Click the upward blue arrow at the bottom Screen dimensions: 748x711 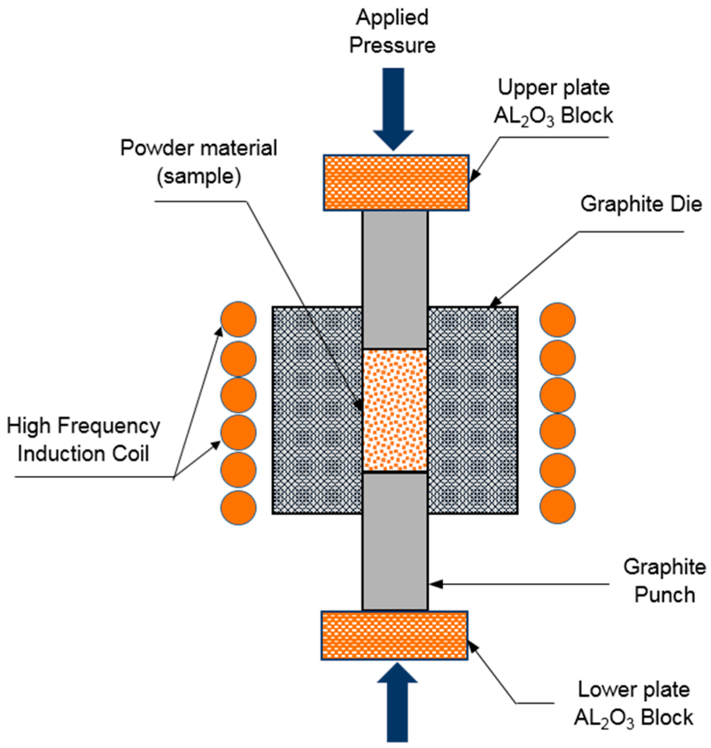pos(397,704)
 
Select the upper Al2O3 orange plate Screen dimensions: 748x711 pos(396,182)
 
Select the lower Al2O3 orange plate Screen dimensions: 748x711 pos(394,636)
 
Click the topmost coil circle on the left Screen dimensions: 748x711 pos(238,319)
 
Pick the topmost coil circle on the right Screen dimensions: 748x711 pos(557,320)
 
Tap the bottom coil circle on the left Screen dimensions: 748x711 pos(238,507)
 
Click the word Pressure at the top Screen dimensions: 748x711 pos(392,46)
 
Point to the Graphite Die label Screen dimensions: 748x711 pos(641,204)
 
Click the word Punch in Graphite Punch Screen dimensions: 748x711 pos(665,594)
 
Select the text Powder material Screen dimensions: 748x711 pos(199,148)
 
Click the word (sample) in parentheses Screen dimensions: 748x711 pos(199,177)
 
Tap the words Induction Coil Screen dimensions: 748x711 pos(83,454)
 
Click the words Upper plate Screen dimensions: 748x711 pos(553,88)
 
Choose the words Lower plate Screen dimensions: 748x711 pos(634,690)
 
